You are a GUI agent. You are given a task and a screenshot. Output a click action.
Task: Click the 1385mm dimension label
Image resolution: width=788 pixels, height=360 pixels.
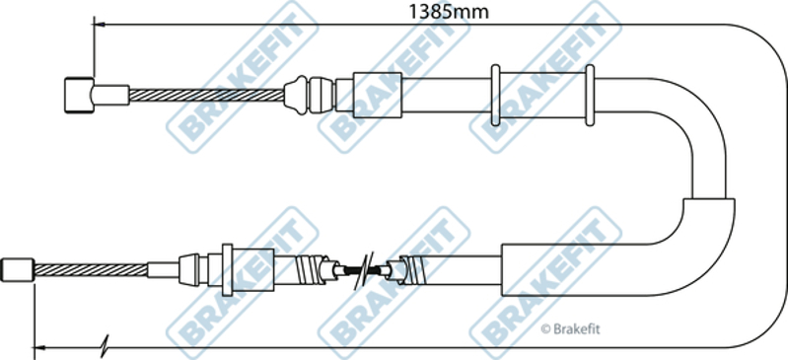(449, 12)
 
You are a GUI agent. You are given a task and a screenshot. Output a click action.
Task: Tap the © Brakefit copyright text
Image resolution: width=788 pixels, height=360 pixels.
(570, 329)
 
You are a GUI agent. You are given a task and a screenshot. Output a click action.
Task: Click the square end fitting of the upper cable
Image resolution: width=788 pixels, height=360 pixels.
(79, 95)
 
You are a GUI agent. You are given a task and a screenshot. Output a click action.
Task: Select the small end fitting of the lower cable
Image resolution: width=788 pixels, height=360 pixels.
(18, 270)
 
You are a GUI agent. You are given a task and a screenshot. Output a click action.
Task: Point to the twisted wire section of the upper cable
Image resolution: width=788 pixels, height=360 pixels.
(206, 95)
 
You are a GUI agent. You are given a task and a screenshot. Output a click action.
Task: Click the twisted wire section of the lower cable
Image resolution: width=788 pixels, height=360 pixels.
(91, 270)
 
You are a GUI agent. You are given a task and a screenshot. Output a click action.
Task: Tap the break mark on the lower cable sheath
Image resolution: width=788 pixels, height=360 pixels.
(362, 271)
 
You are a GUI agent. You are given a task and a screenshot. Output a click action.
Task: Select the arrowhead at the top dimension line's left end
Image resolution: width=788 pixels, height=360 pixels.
(99, 24)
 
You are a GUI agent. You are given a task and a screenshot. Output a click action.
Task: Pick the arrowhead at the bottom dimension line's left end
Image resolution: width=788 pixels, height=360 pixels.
(39, 347)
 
